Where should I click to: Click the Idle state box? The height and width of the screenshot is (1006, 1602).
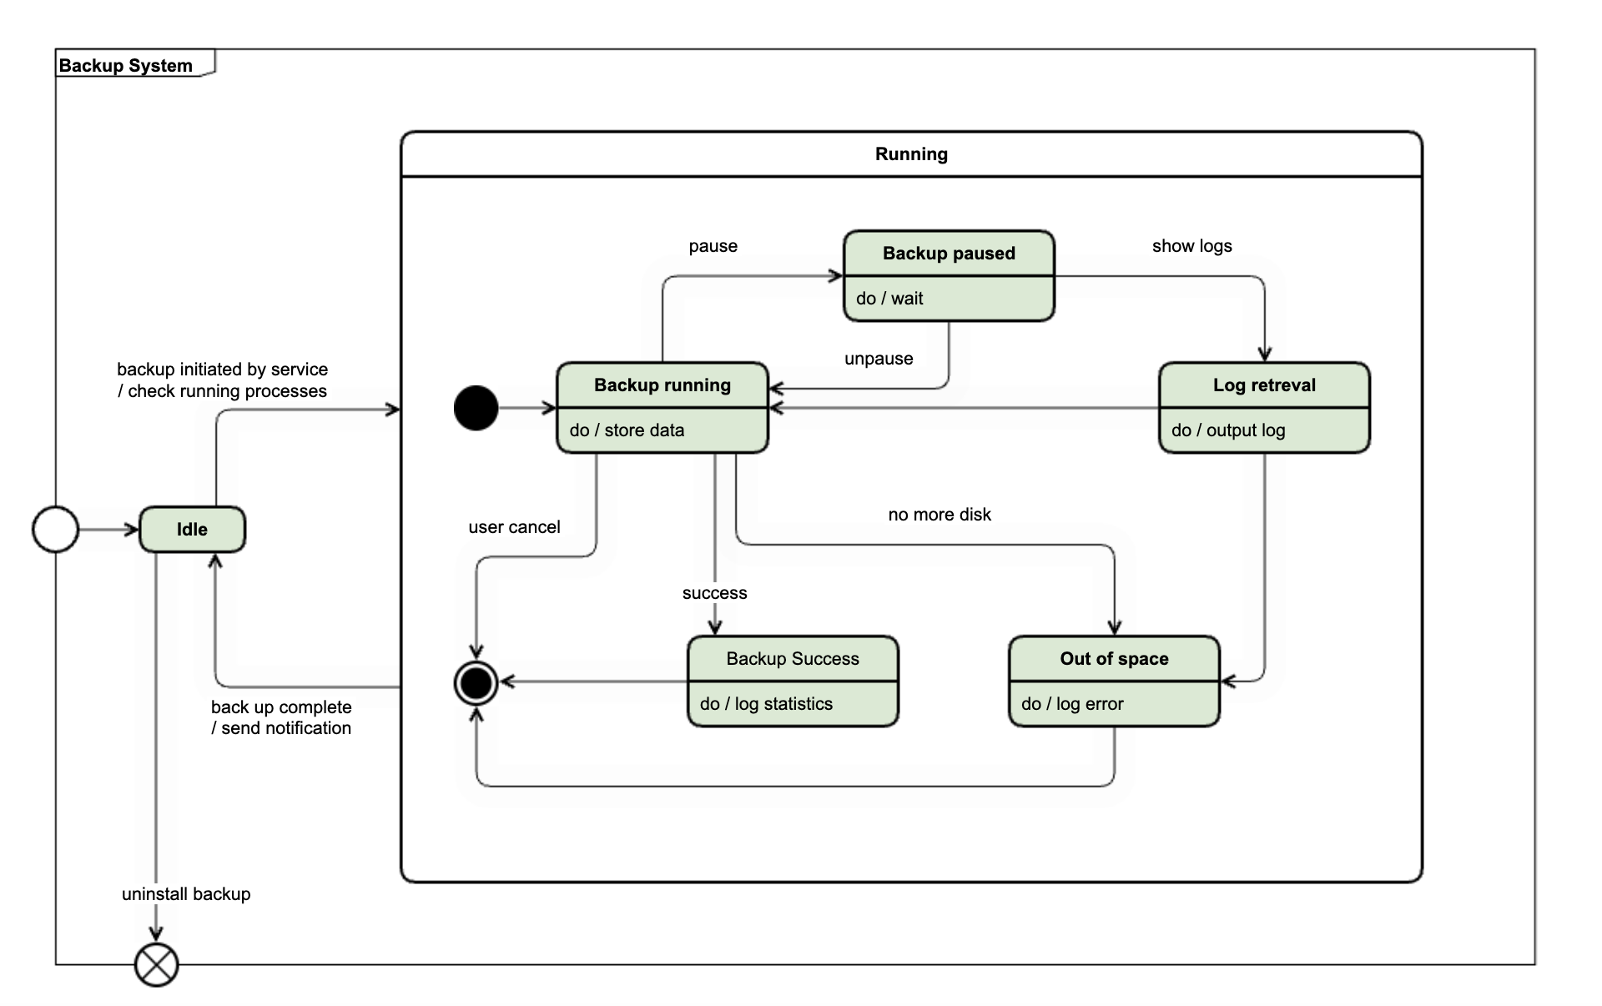(192, 529)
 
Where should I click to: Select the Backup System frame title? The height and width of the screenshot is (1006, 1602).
(126, 65)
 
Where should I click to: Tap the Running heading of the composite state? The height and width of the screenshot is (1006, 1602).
(911, 154)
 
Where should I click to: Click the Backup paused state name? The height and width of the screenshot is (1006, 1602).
(949, 254)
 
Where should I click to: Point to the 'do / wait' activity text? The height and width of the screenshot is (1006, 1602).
(889, 299)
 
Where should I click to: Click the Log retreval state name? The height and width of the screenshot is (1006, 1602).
(1264, 385)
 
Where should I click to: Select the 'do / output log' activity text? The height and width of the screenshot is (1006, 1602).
(1228, 430)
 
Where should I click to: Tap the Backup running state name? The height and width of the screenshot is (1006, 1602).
(662, 385)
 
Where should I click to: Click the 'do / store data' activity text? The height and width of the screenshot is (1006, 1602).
(627, 430)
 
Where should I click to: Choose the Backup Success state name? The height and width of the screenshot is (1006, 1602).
(793, 659)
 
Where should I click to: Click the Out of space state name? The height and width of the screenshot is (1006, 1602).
(1114, 659)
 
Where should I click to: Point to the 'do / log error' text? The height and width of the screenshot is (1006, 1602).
(1072, 704)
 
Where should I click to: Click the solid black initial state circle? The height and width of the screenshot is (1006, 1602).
(476, 408)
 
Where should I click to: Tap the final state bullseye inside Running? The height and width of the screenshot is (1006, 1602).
(476, 683)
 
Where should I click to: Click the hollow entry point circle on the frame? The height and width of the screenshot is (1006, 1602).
(56, 529)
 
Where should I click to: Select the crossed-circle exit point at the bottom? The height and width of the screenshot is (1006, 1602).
(157, 965)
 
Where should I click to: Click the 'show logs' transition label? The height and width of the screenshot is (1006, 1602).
(1191, 246)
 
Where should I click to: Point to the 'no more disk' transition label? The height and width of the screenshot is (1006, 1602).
(940, 515)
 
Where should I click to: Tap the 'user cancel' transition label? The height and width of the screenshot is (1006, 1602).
(514, 527)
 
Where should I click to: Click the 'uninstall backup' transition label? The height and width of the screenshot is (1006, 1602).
(186, 894)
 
